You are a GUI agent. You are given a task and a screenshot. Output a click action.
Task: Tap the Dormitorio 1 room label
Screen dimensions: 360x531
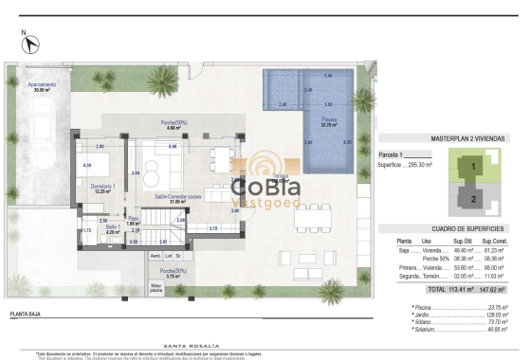pos(104,187)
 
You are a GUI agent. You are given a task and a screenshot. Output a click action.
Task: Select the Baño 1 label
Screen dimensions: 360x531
pos(113,228)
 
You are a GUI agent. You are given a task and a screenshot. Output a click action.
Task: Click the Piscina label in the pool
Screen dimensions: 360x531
pos(329,122)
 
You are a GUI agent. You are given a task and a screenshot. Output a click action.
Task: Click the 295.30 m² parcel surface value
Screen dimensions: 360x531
pos(420,164)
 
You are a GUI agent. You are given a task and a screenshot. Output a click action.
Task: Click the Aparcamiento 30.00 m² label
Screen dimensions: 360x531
pos(41,88)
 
